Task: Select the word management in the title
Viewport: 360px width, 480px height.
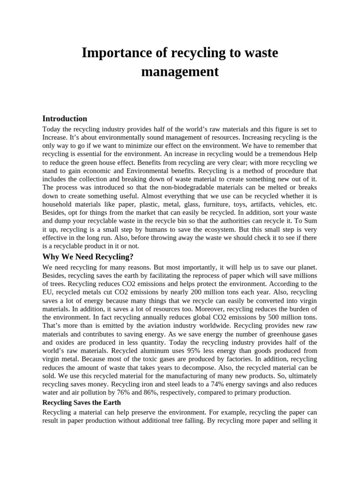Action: click(x=180, y=72)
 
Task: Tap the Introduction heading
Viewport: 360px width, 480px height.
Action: click(x=65, y=119)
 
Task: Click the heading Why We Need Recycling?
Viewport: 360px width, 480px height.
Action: click(x=88, y=256)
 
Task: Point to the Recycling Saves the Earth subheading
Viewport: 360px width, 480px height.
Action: click(x=82, y=403)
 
